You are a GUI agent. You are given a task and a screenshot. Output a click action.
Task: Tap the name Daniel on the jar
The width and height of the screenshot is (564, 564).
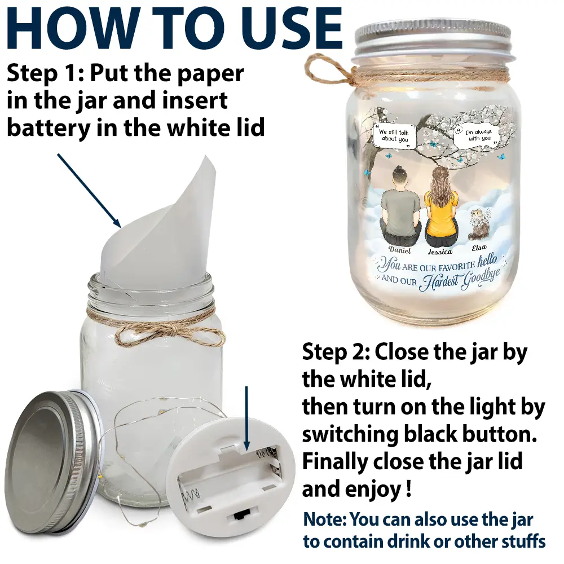[400, 250]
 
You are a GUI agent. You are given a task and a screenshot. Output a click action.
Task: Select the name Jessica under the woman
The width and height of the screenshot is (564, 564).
[440, 252]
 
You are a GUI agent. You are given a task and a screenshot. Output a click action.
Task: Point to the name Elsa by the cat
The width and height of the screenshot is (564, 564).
[479, 248]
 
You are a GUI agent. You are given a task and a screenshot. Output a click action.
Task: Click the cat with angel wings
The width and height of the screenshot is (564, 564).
[479, 224]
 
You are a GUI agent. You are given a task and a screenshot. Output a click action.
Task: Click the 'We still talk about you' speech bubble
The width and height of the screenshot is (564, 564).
[395, 136]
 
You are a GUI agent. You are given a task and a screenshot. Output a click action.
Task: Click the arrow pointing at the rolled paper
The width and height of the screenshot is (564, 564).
[89, 190]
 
